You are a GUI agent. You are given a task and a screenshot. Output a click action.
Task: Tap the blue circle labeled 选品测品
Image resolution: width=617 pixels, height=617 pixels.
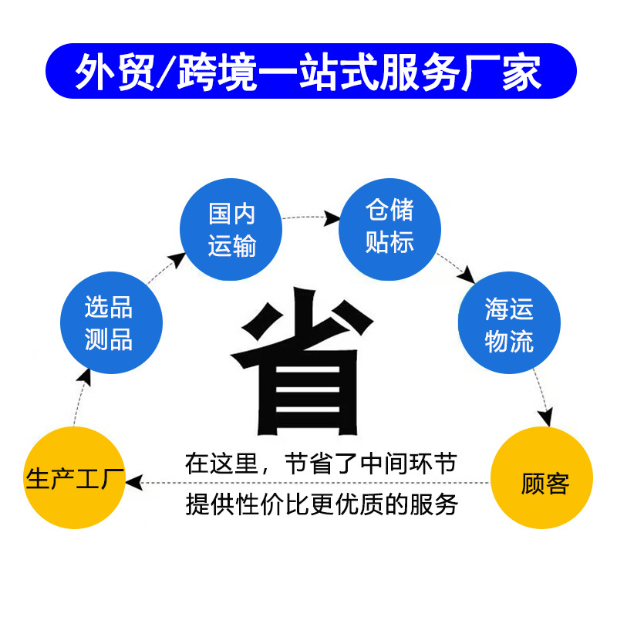point(111,323)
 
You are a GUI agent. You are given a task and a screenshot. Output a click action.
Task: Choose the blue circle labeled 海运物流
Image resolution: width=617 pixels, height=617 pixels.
point(509,323)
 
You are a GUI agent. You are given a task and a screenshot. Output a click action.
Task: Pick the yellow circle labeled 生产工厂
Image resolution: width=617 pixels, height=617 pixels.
point(75,478)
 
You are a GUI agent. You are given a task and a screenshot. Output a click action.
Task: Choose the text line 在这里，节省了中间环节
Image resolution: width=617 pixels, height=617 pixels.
point(321,464)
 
